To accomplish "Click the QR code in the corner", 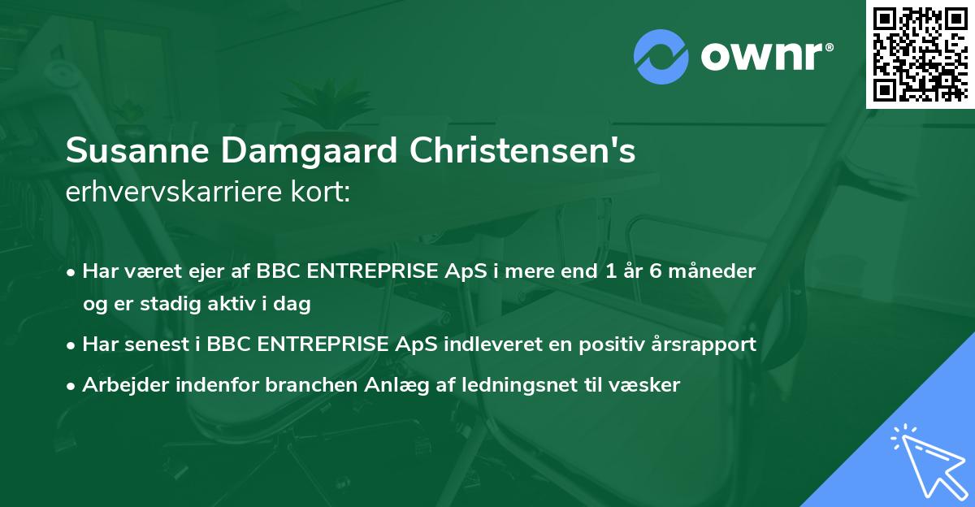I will (x=920, y=54).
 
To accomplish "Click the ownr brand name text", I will (x=765, y=57).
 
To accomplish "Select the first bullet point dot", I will (x=72, y=271).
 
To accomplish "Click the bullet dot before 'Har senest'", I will (x=72, y=344).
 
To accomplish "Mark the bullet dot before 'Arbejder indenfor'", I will (x=72, y=386).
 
